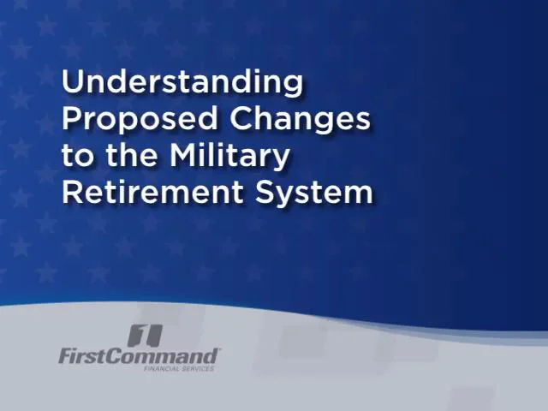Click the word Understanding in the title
pyautogui.click(x=182, y=83)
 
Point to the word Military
pyautogui.click(x=230, y=157)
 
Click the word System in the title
pyautogui.click(x=315, y=194)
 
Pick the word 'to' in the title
pyautogui.click(x=74, y=157)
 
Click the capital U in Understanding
pyautogui.click(x=73, y=82)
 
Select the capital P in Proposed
pyautogui.click(x=71, y=118)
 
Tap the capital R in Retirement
pyautogui.click(x=72, y=192)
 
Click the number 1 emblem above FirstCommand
pyautogui.click(x=143, y=335)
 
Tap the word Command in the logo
pyautogui.click(x=165, y=355)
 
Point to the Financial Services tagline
pyautogui.click(x=179, y=368)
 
